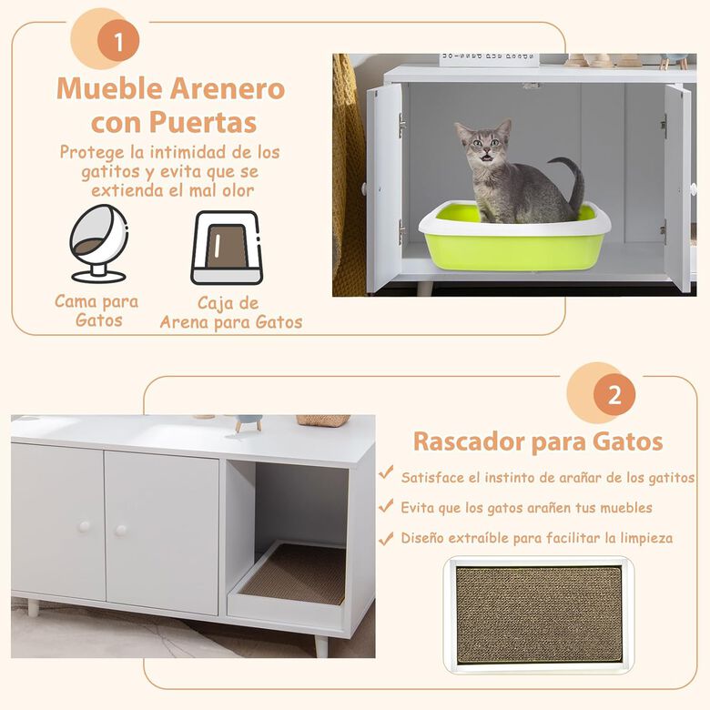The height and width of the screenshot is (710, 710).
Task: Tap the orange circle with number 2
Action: coord(614,395)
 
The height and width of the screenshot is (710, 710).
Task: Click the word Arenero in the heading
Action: coord(227,89)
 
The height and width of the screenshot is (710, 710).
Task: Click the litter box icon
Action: coord(225,248)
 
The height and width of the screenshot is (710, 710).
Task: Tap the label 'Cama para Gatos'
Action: coord(96,310)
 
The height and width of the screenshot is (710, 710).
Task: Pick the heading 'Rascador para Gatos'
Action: coord(538,441)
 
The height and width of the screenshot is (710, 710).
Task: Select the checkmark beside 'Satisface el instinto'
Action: coord(387,475)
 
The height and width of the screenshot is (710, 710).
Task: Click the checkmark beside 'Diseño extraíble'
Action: coord(387,537)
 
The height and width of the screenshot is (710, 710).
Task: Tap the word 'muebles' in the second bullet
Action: coord(620,507)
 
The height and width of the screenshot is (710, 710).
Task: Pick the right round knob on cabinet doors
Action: coord(120,529)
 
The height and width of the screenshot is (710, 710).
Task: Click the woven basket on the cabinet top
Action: coord(322,421)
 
